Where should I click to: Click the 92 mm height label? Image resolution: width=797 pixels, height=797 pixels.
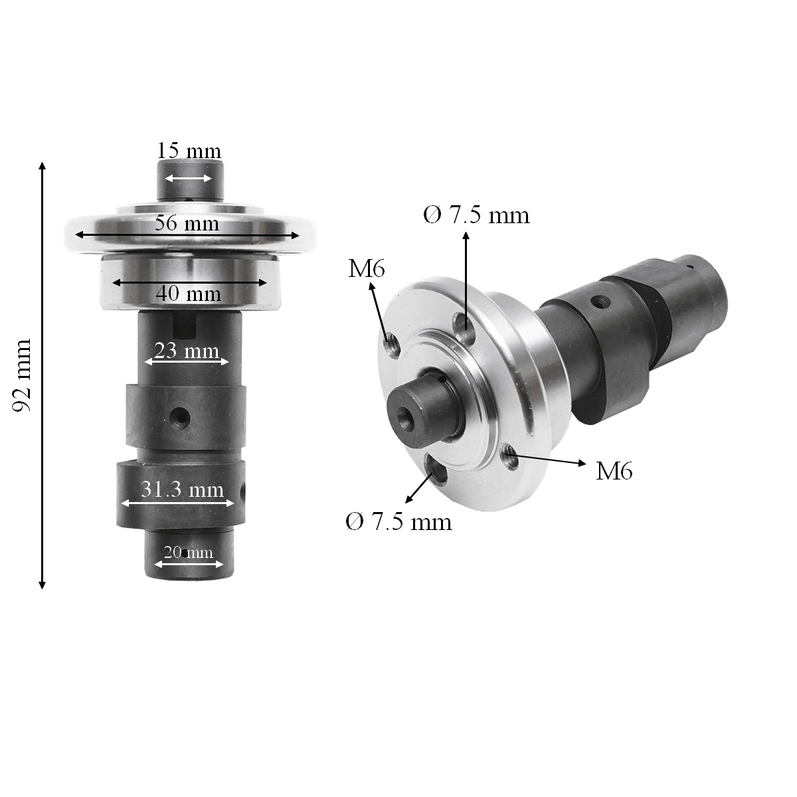tap(23, 375)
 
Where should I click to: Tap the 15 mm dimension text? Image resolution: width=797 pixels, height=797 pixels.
tap(189, 151)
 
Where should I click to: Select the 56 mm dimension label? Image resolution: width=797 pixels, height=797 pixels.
tap(187, 223)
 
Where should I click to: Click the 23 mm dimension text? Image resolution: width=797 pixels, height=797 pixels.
tap(187, 350)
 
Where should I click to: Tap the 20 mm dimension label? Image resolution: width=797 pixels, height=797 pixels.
tap(189, 552)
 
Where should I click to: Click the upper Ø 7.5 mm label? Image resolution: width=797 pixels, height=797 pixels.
tap(476, 215)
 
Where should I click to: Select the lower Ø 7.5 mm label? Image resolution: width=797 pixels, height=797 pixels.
tap(398, 522)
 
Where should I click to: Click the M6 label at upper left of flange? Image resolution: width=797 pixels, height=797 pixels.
tap(367, 268)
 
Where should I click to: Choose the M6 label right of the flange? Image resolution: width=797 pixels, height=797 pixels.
tap(614, 471)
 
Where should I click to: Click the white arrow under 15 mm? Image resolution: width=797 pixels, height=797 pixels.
tap(189, 178)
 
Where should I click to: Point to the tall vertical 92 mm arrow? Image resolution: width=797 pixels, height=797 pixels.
tap(43, 375)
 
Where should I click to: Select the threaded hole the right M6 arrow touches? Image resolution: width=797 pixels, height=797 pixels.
tap(510, 457)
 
